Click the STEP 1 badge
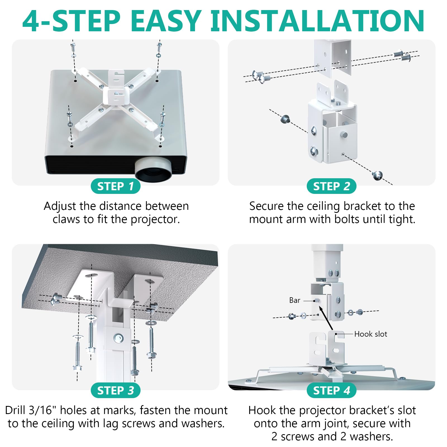pyautogui.click(x=115, y=186)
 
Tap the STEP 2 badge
pyautogui.click(x=331, y=186)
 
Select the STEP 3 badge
pyautogui.click(x=115, y=390)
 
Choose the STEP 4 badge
pyautogui.click(x=331, y=390)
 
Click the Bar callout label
pyautogui.click(x=295, y=300)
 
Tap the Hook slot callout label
pyautogui.click(x=370, y=334)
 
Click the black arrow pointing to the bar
pyautogui.click(x=326, y=318)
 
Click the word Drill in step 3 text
pyautogui.click(x=16, y=410)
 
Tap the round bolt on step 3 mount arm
pyautogui.click(x=119, y=338)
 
